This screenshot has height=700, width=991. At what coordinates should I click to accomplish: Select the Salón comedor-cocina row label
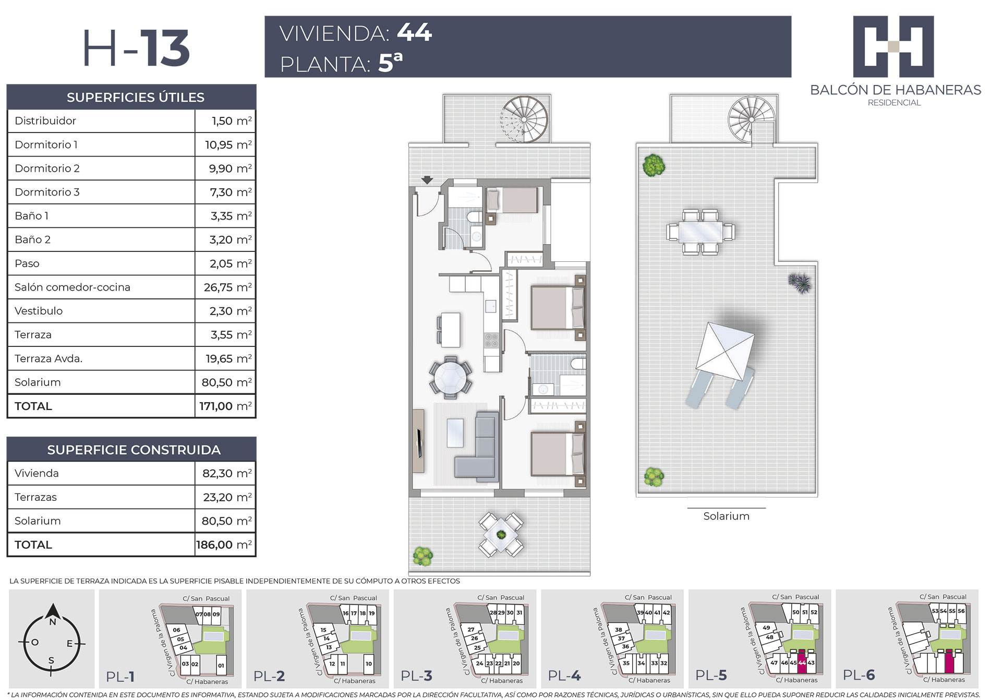[x=72, y=287]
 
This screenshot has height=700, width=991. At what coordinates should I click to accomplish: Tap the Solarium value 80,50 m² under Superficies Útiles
[x=226, y=382]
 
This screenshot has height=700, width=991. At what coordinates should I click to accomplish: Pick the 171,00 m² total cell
[x=225, y=406]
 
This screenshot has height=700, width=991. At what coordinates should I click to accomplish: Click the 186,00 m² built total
[x=224, y=545]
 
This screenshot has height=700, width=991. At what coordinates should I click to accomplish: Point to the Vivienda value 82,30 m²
[x=227, y=473]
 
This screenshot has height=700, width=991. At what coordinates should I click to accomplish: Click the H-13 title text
[x=136, y=49]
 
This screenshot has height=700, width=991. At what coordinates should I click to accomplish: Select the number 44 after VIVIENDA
[x=415, y=32]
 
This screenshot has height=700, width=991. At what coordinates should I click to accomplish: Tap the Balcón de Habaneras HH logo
[x=893, y=46]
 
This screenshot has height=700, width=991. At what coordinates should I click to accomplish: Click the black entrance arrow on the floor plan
[x=427, y=180]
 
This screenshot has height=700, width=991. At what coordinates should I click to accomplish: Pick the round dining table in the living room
[x=451, y=377]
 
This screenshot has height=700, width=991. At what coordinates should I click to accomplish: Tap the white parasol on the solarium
[x=726, y=352]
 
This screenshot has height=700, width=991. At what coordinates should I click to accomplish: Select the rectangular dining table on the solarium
[x=701, y=232]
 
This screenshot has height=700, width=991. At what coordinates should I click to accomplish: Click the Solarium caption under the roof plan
[x=726, y=516]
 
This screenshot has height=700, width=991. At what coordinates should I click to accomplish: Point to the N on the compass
[x=52, y=622]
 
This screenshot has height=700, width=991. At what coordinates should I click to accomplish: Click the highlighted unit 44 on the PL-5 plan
[x=802, y=662]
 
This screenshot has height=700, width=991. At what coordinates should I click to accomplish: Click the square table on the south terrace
[x=501, y=535]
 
